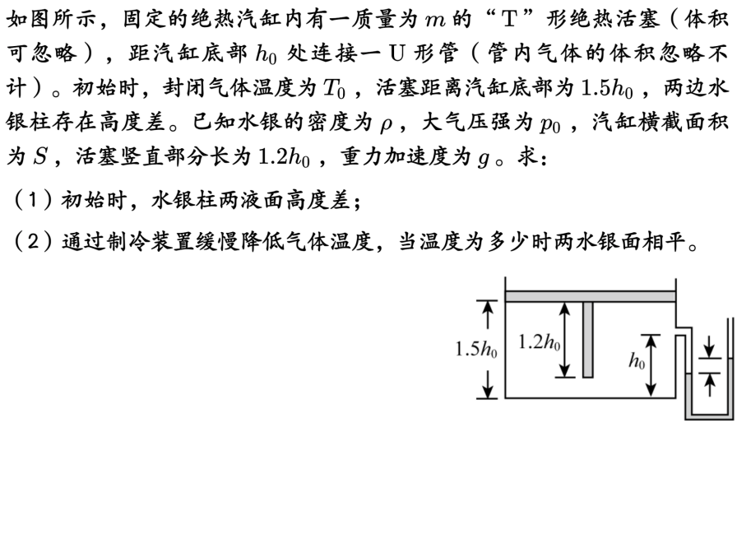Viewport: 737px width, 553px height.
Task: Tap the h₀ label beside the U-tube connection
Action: [x=637, y=360]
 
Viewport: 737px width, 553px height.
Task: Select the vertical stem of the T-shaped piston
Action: [x=587, y=339]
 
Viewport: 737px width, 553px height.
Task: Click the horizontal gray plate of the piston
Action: [x=590, y=295]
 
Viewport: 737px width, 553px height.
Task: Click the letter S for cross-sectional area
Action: [x=39, y=156]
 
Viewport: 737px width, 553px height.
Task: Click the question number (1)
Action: [x=28, y=200]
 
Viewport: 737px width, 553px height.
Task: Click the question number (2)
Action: [x=28, y=243]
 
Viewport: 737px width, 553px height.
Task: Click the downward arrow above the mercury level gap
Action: [x=708, y=346]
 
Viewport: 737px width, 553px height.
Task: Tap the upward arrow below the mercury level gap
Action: [x=708, y=383]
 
